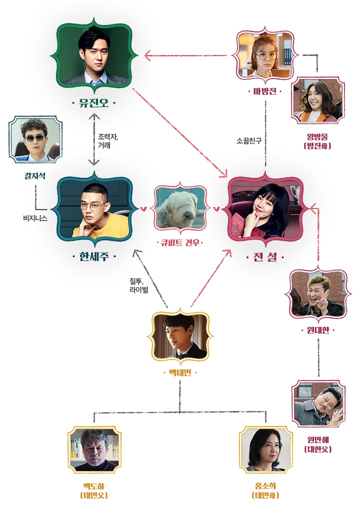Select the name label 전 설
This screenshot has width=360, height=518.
click(265, 257)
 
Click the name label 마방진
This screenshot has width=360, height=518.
click(265, 91)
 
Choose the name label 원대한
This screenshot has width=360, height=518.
click(318, 330)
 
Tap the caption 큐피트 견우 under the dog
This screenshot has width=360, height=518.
click(180, 243)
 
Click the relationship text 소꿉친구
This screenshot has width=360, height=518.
click(249, 141)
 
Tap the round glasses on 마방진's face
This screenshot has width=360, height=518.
click(265, 56)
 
